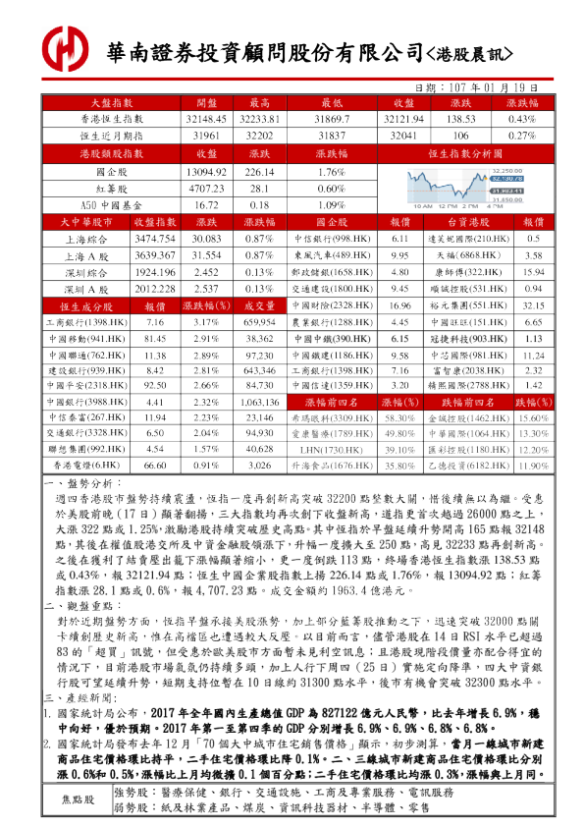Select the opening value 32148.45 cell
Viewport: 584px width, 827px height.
[x=205, y=118]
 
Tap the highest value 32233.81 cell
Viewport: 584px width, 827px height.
[x=260, y=118]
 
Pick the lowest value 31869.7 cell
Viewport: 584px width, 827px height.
[x=332, y=118]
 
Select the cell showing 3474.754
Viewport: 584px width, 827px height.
[x=154, y=240]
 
